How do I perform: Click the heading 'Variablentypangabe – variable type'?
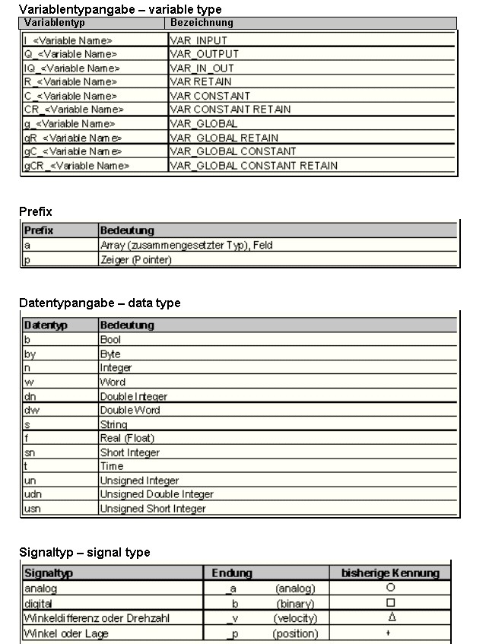pos(120,10)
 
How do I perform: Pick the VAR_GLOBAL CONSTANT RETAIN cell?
pos(253,165)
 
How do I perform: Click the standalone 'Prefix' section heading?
pos(35,211)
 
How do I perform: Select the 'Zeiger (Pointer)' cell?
pos(136,259)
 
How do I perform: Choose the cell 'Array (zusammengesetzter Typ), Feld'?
pos(186,246)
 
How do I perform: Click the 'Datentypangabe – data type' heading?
pos(100,303)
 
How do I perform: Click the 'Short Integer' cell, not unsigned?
pos(130,452)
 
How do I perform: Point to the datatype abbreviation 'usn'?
pos(33,509)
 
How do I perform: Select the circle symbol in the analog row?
pos(390,588)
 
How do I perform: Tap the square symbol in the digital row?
pos(390,602)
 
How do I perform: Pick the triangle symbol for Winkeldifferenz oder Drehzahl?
pos(390,617)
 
